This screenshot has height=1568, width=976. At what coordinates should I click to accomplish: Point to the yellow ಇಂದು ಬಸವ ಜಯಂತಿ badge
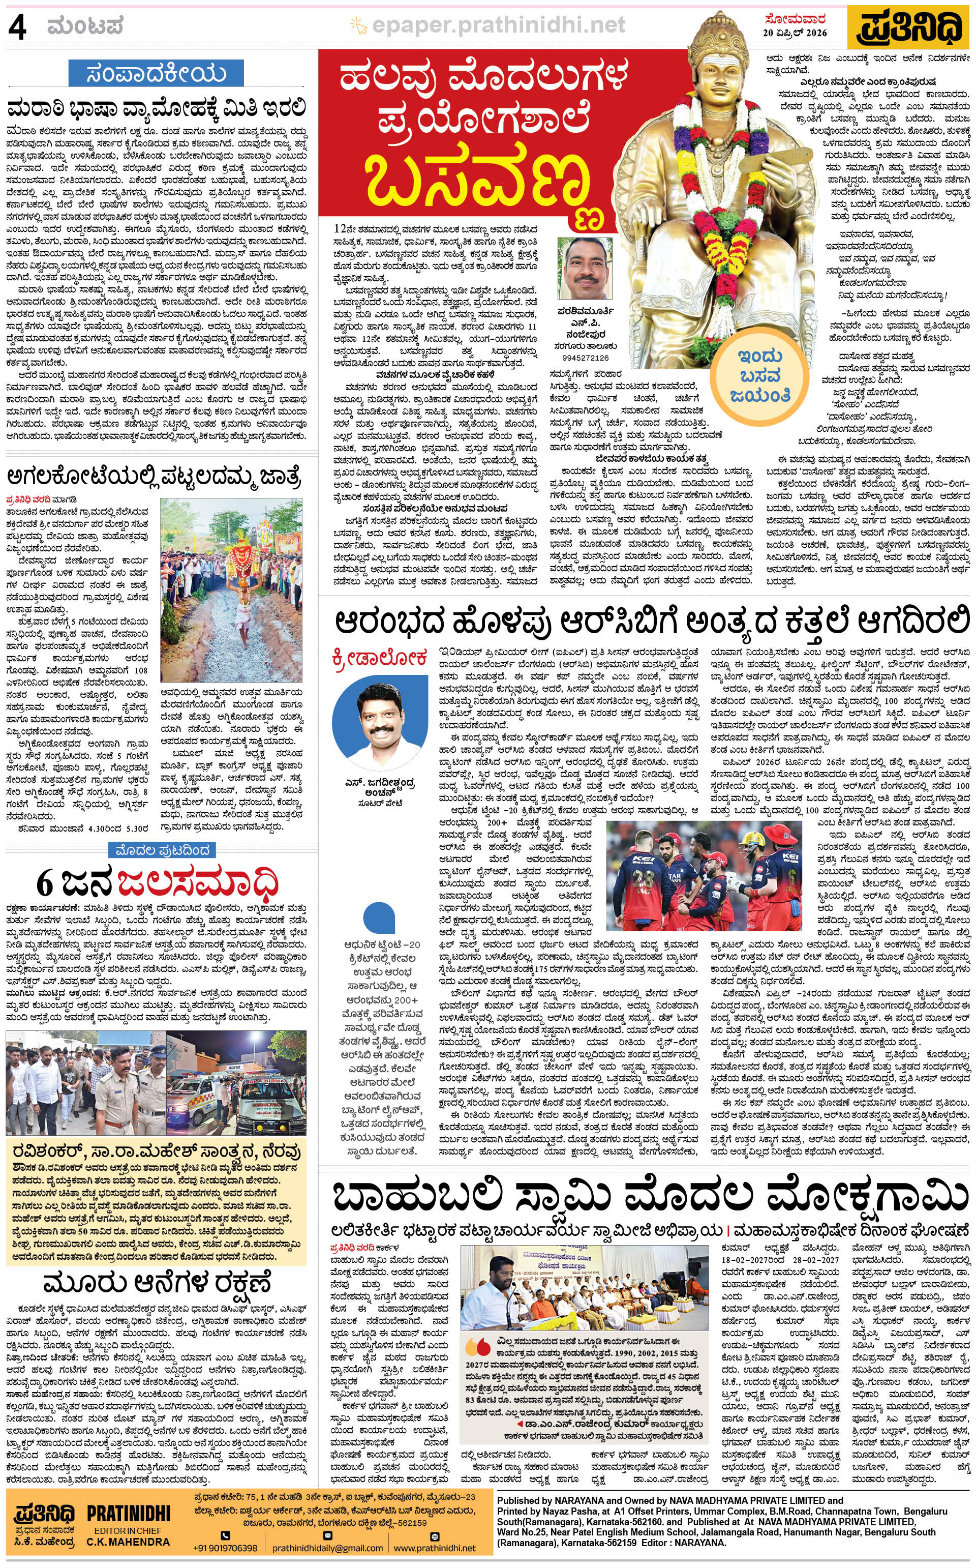760,374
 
